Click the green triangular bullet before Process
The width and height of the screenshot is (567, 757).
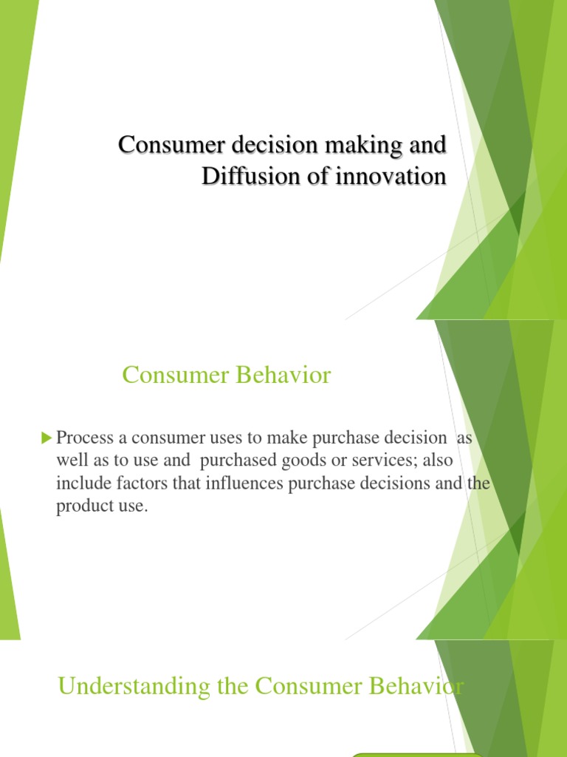coord(47,438)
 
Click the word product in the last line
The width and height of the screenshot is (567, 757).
coord(81,508)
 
